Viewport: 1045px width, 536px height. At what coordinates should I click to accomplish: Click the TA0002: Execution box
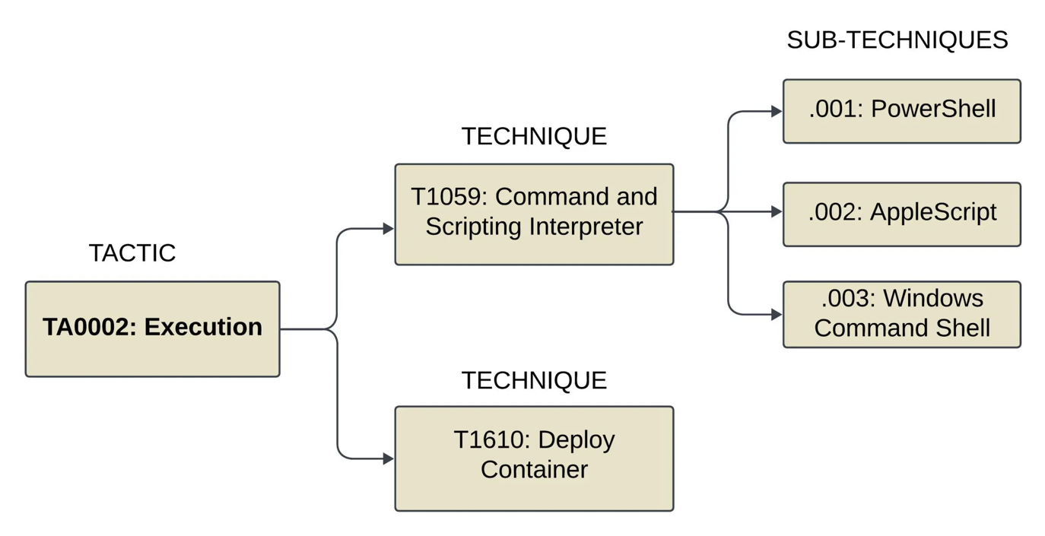pyautogui.click(x=152, y=328)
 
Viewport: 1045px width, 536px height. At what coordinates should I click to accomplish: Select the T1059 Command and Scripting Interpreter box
pyautogui.click(x=534, y=214)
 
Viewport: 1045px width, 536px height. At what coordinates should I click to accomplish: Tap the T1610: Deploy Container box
pyautogui.click(x=534, y=458)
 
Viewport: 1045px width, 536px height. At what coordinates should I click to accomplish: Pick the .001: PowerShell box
pyautogui.click(x=901, y=111)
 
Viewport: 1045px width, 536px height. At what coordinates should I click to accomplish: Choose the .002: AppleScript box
pyautogui.click(x=901, y=214)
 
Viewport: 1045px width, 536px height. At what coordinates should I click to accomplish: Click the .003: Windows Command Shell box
pyautogui.click(x=901, y=314)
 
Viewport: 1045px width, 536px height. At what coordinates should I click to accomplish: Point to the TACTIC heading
pyautogui.click(x=132, y=253)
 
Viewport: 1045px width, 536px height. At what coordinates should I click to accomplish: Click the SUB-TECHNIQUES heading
pyautogui.click(x=897, y=40)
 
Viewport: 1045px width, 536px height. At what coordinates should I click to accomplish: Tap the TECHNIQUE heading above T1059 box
pyautogui.click(x=534, y=136)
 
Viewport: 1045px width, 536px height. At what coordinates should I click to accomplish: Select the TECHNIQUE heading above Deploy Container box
pyautogui.click(x=534, y=380)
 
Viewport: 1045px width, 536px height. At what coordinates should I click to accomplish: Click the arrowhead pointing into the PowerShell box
pyautogui.click(x=777, y=111)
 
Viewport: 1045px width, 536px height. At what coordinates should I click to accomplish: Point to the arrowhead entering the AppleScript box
pyautogui.click(x=777, y=211)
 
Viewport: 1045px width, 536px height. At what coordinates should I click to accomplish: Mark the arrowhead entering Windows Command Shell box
pyautogui.click(x=777, y=314)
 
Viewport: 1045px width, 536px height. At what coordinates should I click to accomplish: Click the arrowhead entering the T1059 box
pyautogui.click(x=388, y=228)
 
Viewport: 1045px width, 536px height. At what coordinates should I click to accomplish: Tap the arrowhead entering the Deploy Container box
pyautogui.click(x=388, y=458)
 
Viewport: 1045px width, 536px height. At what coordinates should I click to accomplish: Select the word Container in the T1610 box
pyautogui.click(x=534, y=469)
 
